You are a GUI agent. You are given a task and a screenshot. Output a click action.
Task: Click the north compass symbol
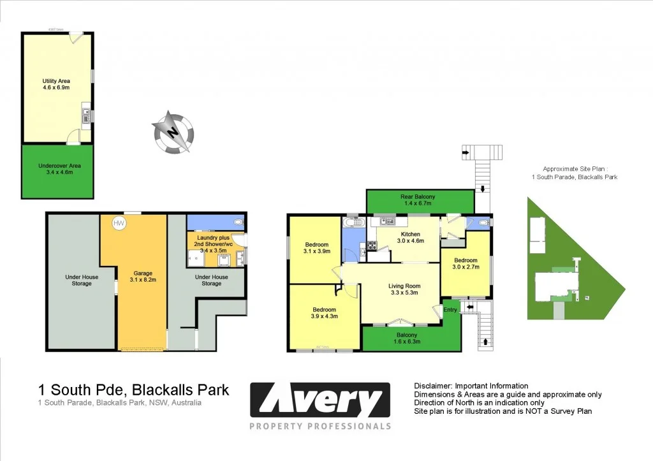173,133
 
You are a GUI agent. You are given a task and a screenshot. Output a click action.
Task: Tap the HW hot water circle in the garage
119,223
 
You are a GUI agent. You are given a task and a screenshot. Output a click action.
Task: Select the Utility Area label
56,84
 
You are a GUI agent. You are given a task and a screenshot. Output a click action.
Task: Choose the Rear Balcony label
418,200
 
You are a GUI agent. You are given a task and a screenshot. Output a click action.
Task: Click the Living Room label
404,289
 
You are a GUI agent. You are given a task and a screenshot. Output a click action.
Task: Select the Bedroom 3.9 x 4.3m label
324,312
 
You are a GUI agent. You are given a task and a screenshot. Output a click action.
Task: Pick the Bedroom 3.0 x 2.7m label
466,263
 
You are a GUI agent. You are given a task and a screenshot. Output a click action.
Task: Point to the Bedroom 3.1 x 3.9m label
316,248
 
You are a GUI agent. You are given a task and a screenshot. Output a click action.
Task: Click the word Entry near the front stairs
451,310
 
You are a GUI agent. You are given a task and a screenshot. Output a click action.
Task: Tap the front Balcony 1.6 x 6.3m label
407,338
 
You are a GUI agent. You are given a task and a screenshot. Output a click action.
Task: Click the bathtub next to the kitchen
352,223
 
